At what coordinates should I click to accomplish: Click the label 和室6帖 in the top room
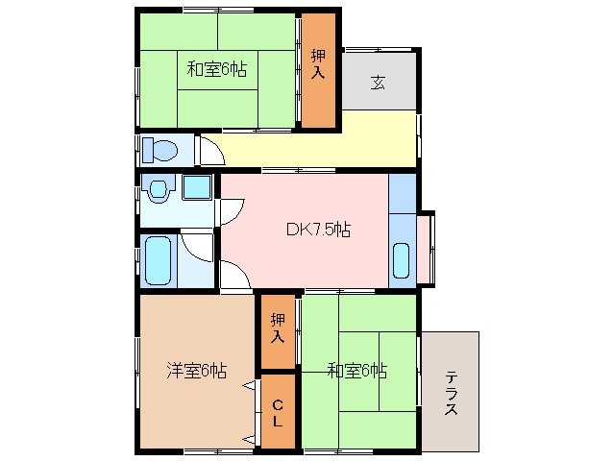(x=216, y=69)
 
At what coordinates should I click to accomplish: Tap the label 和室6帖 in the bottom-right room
(x=356, y=370)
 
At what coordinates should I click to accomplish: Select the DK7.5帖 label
(x=318, y=230)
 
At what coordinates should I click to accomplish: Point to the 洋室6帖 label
(x=196, y=370)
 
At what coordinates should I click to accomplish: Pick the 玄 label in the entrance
(x=380, y=81)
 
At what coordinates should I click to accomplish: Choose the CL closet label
(x=277, y=413)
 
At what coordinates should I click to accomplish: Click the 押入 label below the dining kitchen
(x=278, y=328)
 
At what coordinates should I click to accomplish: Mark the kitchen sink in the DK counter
(x=402, y=260)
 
